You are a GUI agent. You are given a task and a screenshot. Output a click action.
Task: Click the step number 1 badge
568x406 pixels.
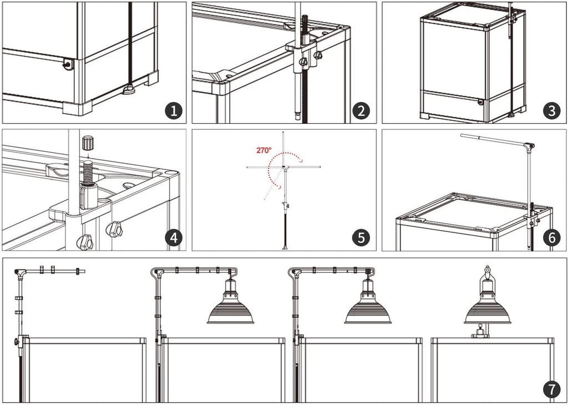[x=174, y=110]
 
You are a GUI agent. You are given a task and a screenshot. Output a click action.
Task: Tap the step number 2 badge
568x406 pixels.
[x=361, y=110]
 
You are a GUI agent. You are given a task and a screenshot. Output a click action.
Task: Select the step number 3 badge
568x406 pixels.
[x=551, y=110]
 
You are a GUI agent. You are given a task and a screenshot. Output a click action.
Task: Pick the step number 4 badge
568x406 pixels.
[x=174, y=238]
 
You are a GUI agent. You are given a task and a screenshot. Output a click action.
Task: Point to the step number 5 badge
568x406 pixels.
[x=361, y=238]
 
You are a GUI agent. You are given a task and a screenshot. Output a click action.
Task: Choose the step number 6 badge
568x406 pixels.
[x=551, y=238]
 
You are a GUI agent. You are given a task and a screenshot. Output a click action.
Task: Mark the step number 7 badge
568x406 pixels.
[x=551, y=390]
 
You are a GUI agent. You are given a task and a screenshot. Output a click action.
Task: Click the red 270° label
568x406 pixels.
[x=263, y=150]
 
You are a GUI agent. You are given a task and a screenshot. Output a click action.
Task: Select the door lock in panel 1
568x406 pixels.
[x=67, y=64]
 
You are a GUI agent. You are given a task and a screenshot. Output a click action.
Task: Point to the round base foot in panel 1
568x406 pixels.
[x=129, y=89]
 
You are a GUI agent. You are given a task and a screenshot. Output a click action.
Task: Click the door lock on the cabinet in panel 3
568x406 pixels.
[x=480, y=102]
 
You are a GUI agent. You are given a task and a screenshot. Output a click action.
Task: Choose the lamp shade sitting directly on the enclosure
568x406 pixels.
[x=487, y=308]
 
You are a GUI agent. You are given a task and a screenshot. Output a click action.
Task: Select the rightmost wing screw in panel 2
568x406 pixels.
[x=318, y=55]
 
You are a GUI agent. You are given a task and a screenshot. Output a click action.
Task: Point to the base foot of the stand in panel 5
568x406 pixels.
[x=285, y=248]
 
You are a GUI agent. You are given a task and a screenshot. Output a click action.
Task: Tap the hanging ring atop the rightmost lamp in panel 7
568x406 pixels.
[x=487, y=270]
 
